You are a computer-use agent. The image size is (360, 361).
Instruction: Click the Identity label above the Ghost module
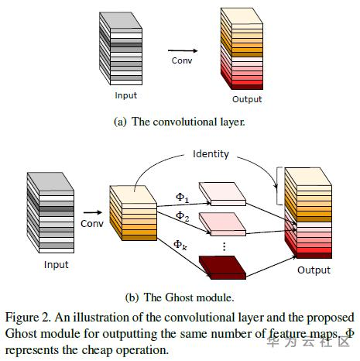click(211, 154)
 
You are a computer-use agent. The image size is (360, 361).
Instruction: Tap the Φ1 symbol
click(182, 198)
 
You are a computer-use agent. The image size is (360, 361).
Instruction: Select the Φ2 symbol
click(182, 216)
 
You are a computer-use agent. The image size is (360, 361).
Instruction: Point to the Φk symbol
click(180, 245)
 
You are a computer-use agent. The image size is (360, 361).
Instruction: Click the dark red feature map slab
click(222, 267)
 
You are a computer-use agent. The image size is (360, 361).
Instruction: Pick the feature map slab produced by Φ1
click(222, 194)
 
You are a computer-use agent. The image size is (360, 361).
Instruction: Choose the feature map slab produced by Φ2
click(222, 224)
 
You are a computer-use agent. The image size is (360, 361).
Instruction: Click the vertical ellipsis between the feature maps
click(225, 246)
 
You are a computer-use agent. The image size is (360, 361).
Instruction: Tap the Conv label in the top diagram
click(182, 60)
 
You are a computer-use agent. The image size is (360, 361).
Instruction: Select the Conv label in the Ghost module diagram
click(92, 224)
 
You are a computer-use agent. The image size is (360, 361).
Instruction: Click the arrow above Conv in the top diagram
click(183, 51)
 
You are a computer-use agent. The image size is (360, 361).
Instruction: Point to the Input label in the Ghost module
click(57, 265)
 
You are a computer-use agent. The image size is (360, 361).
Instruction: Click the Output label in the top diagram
click(247, 99)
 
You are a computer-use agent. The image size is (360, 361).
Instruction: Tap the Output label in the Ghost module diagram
click(314, 270)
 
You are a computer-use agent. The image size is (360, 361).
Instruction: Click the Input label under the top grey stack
click(126, 95)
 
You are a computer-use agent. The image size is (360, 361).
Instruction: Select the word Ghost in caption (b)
click(178, 297)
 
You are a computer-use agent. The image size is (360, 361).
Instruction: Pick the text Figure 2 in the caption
click(28, 318)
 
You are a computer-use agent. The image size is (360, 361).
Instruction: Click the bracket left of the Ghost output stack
click(279, 186)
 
